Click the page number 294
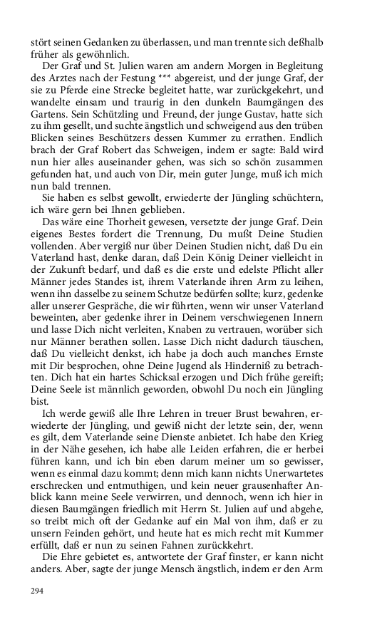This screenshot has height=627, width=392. (36, 591)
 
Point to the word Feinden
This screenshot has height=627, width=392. (91, 527)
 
